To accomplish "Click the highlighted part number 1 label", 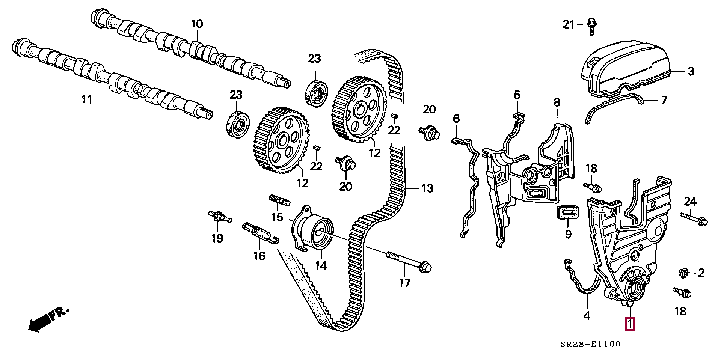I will pyautogui.click(x=629, y=324).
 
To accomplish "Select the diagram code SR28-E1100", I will pyautogui.click(x=590, y=344).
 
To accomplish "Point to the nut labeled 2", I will pyautogui.click(x=683, y=273).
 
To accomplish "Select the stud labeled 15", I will pyautogui.click(x=280, y=201).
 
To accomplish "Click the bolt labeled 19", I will pyautogui.click(x=219, y=217).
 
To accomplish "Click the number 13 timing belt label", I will pyautogui.click(x=427, y=188).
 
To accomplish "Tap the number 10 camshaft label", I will pyautogui.click(x=197, y=24).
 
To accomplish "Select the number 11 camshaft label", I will pyautogui.click(x=87, y=99).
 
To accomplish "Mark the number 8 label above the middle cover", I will pyautogui.click(x=557, y=102).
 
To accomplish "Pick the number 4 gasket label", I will pyautogui.click(x=587, y=316).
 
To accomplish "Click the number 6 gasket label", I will pyautogui.click(x=456, y=119).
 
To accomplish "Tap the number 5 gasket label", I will pyautogui.click(x=517, y=95).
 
